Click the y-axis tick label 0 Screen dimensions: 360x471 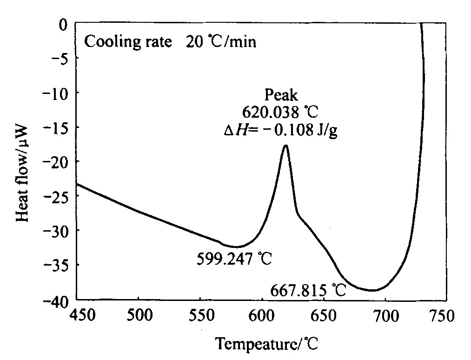(x=63, y=25)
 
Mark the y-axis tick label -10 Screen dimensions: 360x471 (x=56, y=93)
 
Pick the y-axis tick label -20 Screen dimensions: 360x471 (x=56, y=162)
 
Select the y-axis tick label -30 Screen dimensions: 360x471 (x=56, y=231)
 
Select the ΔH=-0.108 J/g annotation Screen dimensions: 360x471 (x=280, y=130)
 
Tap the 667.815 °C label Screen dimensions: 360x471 (x=308, y=291)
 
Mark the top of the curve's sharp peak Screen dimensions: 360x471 (x=286, y=146)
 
